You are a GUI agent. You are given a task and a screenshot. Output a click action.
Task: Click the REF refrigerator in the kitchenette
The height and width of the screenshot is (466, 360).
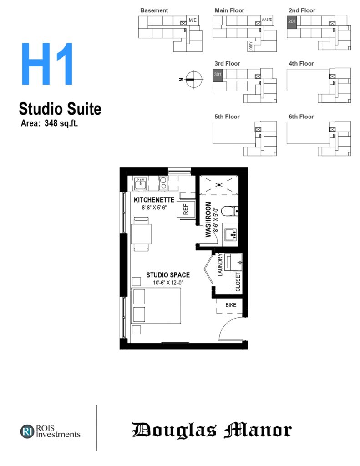click(x=186, y=209)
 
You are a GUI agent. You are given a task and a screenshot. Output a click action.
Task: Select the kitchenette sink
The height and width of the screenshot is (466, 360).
click(x=140, y=184)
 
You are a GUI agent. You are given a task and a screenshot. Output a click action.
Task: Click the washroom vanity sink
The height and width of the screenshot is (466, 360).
click(x=231, y=234)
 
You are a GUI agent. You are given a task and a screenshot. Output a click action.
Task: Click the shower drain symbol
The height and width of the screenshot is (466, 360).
click(x=219, y=185)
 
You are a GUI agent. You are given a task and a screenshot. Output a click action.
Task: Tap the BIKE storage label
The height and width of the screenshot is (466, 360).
click(x=231, y=305)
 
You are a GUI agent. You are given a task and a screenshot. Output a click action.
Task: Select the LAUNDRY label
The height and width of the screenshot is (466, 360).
click(x=220, y=264)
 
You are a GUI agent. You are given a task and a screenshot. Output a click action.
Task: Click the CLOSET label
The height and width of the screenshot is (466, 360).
click(x=238, y=282)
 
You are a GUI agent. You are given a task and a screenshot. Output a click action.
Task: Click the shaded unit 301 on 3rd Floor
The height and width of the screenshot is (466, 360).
click(x=218, y=75)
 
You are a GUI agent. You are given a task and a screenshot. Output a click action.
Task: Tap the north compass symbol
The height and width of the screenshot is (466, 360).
click(x=193, y=79)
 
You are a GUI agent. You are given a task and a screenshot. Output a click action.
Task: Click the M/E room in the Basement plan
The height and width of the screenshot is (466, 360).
click(x=193, y=20)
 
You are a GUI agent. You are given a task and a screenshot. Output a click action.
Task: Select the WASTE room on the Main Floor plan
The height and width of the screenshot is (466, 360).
click(x=266, y=20)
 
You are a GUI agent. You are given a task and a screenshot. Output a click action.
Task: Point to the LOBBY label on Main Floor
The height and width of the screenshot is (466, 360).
click(x=251, y=46)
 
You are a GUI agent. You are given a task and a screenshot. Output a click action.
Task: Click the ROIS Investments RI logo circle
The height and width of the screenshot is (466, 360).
click(x=27, y=431)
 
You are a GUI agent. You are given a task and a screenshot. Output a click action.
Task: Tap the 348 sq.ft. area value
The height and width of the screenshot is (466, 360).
click(x=61, y=123)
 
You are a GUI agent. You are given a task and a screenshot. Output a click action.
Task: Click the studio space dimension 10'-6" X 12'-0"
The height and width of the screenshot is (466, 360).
click(x=168, y=283)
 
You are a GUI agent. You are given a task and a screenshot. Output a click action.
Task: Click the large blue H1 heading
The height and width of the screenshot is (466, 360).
click(x=47, y=64)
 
